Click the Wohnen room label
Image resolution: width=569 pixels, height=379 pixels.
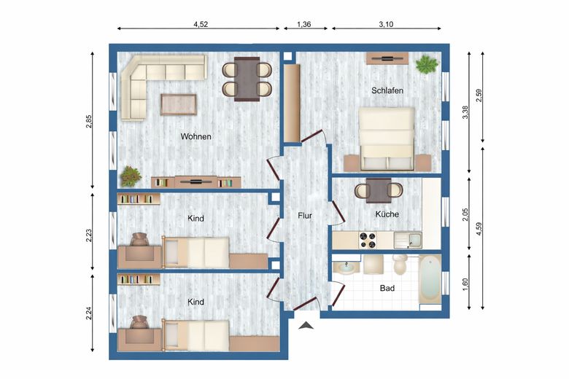coord(196,136)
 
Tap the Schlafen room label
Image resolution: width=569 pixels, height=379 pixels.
coord(387,90)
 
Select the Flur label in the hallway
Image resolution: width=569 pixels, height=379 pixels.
coord(305,216)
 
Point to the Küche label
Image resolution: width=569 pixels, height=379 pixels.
coord(387,214)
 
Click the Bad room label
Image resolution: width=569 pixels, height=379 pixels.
coord(387,289)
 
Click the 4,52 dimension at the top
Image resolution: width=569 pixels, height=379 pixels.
coord(201,24)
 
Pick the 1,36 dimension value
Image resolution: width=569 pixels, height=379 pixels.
coord(304,24)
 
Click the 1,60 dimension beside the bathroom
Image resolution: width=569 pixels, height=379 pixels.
coord(465,284)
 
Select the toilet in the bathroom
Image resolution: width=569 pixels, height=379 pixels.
coord(399,263)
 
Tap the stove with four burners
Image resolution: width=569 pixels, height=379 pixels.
coord(366,238)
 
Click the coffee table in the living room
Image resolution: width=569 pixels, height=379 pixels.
coord(179,104)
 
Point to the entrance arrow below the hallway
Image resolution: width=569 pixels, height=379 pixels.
coord(306,325)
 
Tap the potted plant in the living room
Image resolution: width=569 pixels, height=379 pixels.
coord(131,176)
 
